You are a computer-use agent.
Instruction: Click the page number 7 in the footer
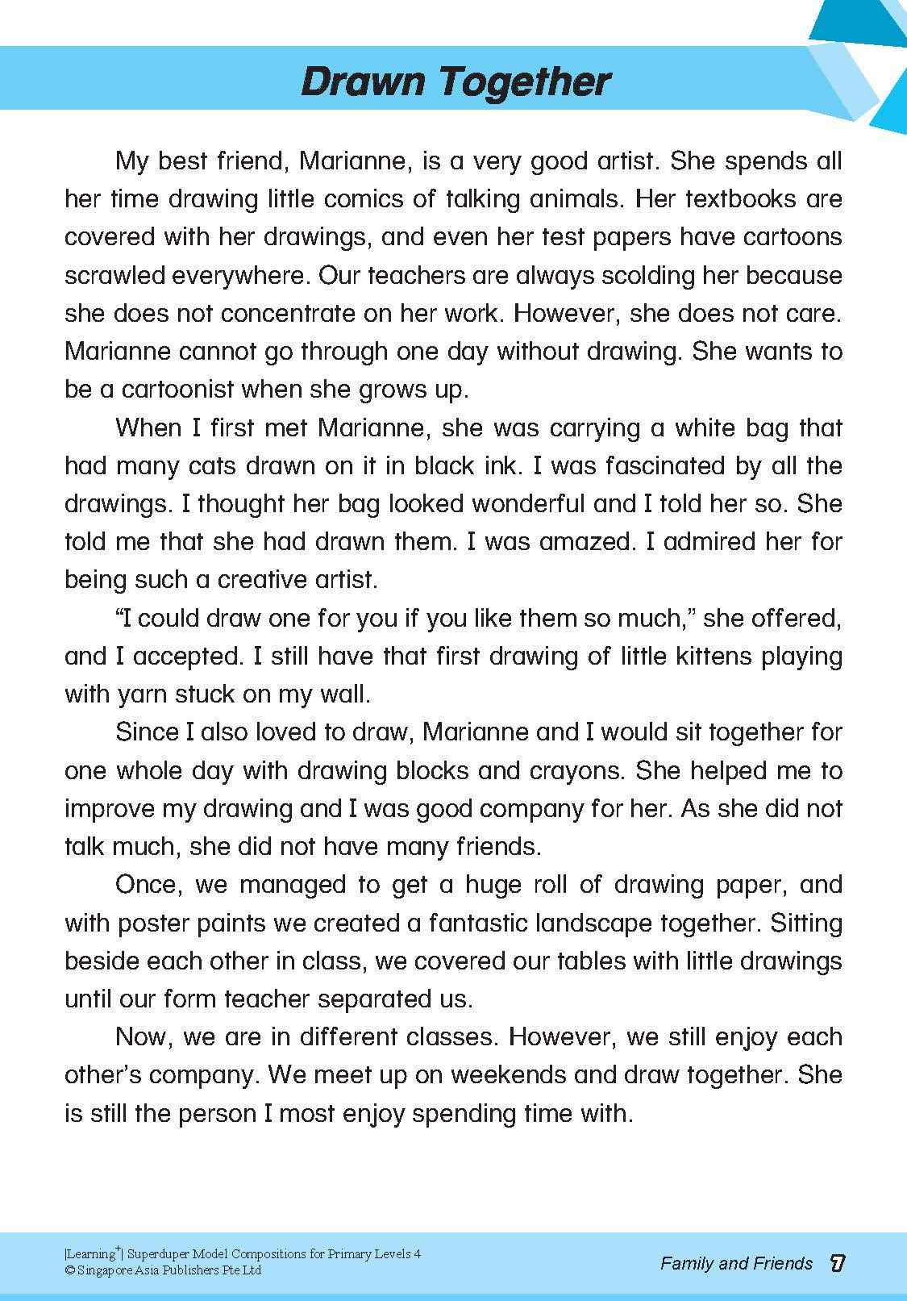837,1263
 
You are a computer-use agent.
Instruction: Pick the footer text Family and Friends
736,1264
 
